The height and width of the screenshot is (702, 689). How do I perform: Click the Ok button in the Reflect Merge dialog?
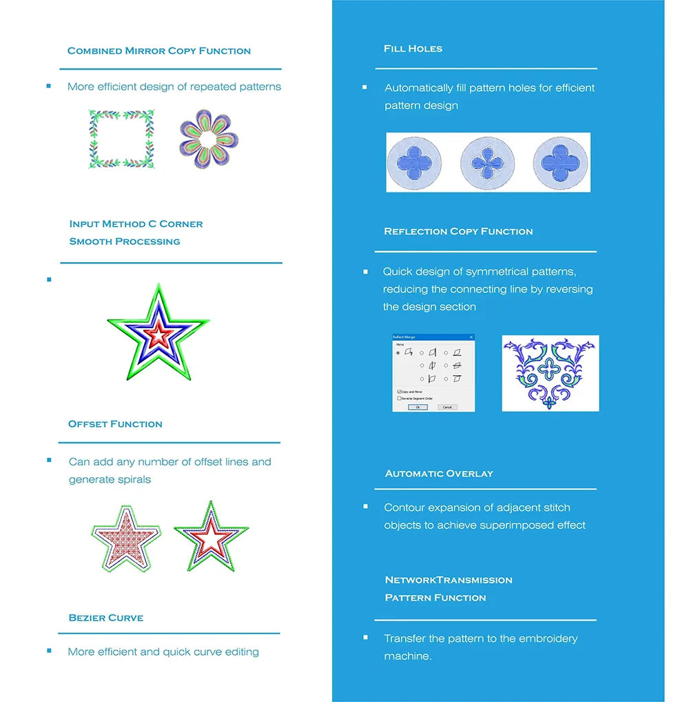418,407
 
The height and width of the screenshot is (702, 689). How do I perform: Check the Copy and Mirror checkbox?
400,392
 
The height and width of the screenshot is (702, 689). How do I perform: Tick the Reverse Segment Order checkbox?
400,398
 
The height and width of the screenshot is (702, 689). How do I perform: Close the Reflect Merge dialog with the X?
471,337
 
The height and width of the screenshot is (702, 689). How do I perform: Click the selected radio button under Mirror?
398,352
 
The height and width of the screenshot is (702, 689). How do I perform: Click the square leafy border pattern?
121,139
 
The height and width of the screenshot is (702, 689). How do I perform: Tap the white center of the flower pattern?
208,141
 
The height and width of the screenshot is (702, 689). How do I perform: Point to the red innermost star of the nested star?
158,334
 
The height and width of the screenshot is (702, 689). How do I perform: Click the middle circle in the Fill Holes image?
488,163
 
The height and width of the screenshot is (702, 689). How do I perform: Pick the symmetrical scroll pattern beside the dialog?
550,373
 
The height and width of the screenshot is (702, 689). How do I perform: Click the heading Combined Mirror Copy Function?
159,51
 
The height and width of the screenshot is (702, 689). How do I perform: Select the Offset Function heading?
115,424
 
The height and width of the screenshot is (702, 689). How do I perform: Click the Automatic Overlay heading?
439,474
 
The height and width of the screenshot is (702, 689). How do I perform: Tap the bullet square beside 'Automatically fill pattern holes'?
364,88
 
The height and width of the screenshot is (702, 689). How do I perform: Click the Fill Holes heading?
413,49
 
